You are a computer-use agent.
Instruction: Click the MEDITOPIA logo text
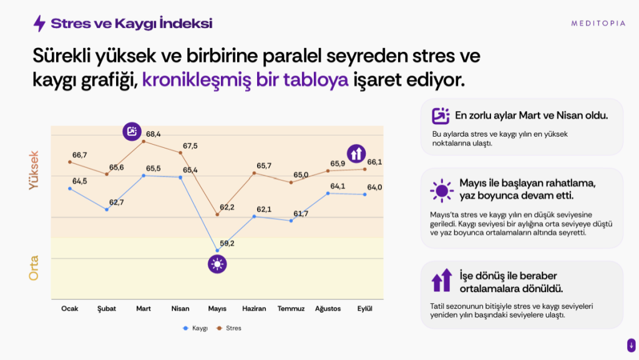[x=598, y=24]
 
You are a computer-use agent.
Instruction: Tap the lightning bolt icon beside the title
[x=39, y=23]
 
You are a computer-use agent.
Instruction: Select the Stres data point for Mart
[x=144, y=141]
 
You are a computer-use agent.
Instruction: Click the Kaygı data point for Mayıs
[x=217, y=250]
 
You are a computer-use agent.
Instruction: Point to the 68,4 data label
[x=154, y=134]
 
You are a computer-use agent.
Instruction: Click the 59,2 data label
[x=227, y=243]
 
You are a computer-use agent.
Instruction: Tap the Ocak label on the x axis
[x=70, y=309]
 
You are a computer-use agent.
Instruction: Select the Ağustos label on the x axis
[x=328, y=309]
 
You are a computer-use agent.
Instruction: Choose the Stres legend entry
[x=229, y=328]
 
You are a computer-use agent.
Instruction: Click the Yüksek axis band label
[x=34, y=170]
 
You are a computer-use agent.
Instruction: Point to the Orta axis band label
[x=34, y=268]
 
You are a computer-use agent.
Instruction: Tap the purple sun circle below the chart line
[x=217, y=265]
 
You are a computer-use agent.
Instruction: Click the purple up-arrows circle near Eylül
[x=356, y=153]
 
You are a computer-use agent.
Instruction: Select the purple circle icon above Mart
[x=132, y=132]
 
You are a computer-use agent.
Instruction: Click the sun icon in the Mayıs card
[x=442, y=190]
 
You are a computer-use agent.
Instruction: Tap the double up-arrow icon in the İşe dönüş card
[x=442, y=280]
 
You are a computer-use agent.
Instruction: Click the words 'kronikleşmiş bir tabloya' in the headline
[x=245, y=79]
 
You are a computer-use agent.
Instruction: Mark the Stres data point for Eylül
[x=364, y=170]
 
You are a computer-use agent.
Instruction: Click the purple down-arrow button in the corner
[x=632, y=346]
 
